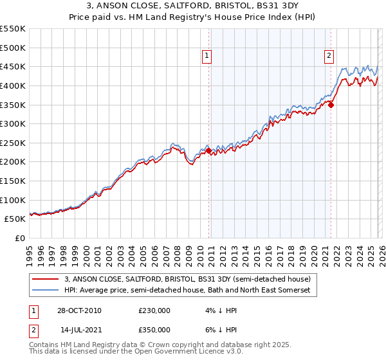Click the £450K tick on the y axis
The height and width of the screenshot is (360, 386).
tap(13, 66)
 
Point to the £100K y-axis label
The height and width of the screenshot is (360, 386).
tap(13, 200)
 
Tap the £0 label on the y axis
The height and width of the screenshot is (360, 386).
tap(21, 238)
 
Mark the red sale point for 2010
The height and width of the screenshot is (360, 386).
tap(209, 150)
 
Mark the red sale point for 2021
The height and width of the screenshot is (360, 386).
tap(331, 105)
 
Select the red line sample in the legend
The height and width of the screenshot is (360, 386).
tap(46, 279)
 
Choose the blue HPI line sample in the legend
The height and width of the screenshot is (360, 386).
tap(46, 291)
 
